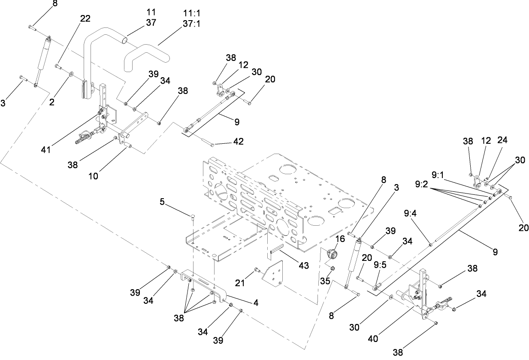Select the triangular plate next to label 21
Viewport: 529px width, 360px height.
(x=273, y=273)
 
